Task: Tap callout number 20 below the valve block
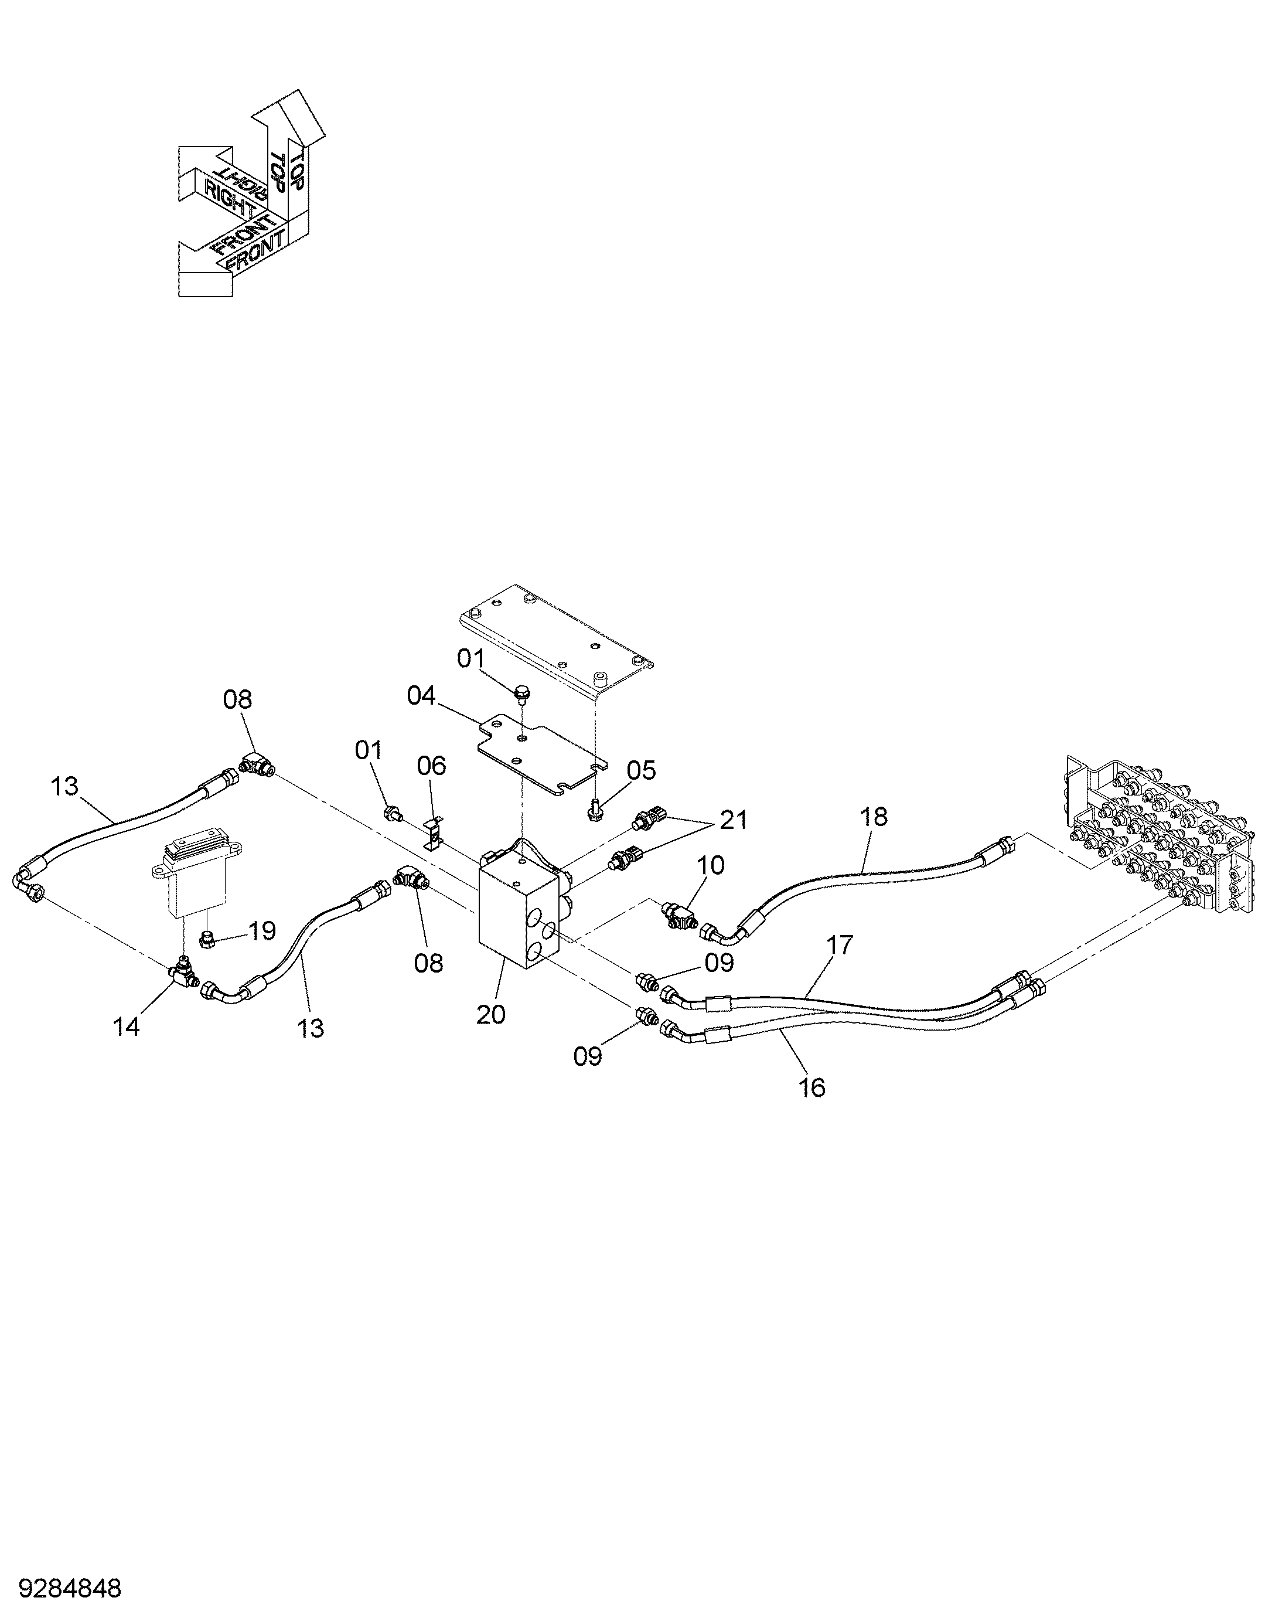click(x=490, y=1014)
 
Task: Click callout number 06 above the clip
click(x=432, y=765)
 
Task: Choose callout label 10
click(x=710, y=865)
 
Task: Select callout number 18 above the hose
click(x=874, y=817)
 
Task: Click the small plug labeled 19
click(x=209, y=940)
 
